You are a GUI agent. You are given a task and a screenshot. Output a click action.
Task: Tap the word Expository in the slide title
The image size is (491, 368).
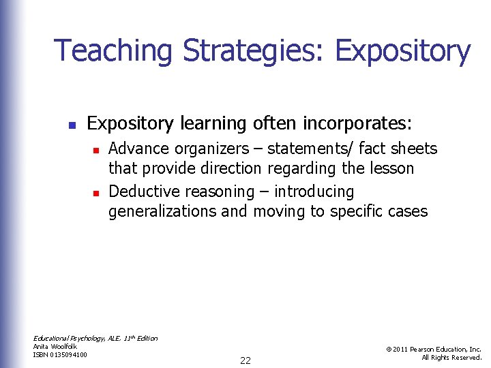pyautogui.click(x=402, y=52)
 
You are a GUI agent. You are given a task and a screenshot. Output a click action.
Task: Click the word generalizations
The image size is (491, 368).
pyautogui.click(x=162, y=211)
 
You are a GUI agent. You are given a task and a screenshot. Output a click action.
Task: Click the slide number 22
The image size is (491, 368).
pyautogui.click(x=245, y=361)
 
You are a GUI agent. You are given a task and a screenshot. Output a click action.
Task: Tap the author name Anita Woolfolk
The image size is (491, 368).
pyautogui.click(x=55, y=346)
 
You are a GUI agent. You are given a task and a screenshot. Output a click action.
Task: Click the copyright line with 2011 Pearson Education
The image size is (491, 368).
pyautogui.click(x=434, y=349)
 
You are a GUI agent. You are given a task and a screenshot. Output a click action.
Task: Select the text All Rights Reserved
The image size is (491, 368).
pyautogui.click(x=451, y=357)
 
